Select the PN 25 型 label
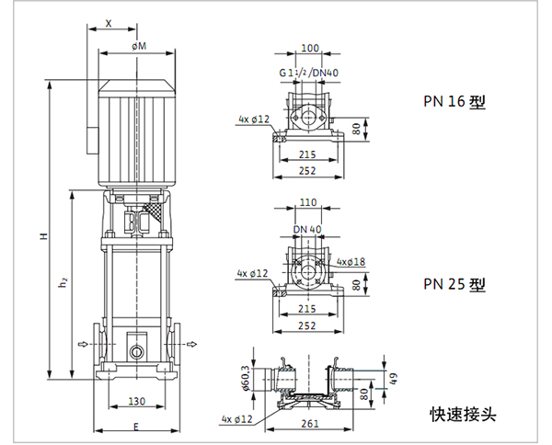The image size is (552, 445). point(454,285)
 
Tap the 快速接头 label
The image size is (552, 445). point(462,414)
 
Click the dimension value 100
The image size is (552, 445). point(310,48)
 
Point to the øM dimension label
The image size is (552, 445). point(139,45)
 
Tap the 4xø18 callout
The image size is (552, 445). point(350,263)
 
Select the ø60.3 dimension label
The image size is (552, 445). point(247,378)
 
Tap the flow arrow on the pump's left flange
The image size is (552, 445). point(82,345)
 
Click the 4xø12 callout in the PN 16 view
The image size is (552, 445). point(252,120)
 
